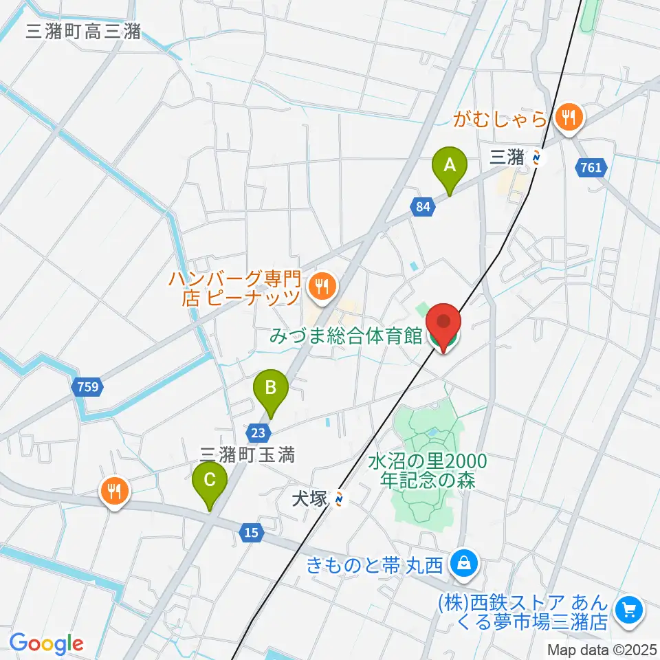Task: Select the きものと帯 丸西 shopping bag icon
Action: coord(464,564)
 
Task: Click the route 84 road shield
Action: coord(423,205)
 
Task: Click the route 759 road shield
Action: coord(89,387)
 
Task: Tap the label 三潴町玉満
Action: coord(247,454)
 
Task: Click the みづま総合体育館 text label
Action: coord(345,337)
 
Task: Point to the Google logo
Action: coord(46,643)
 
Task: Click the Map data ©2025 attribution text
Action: coord(602,649)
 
